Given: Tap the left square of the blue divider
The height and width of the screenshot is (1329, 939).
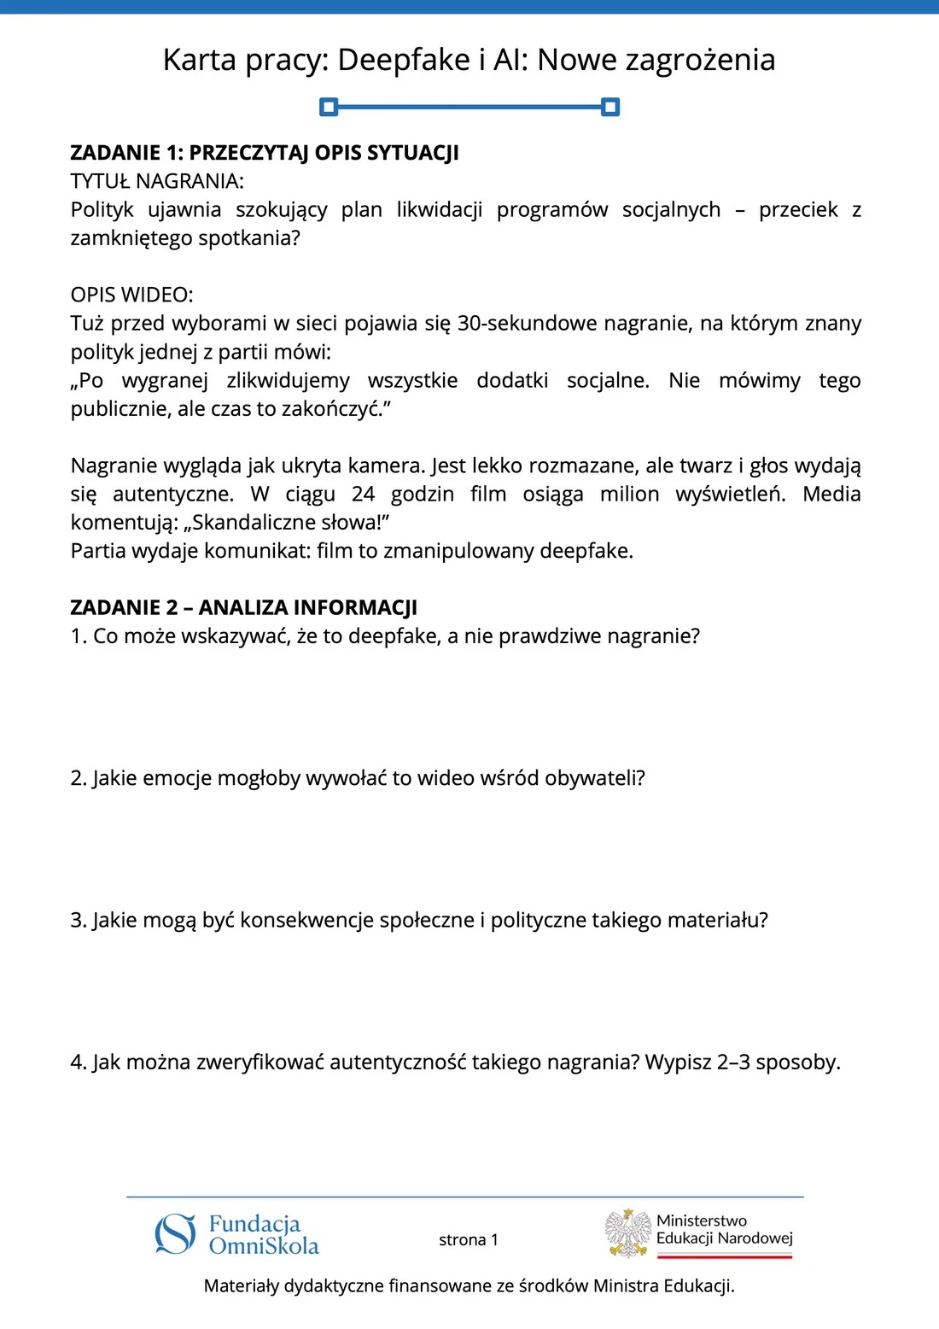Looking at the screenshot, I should (329, 107).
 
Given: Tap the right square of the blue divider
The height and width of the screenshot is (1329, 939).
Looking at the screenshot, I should (609, 107).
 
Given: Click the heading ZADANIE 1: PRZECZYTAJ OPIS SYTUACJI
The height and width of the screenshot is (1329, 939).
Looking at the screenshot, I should (265, 153).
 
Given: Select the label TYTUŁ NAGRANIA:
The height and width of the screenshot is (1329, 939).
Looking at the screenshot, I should (157, 181).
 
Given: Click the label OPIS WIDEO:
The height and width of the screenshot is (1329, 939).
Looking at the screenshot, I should (132, 295).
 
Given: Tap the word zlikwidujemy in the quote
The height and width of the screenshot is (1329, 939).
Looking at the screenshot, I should (288, 381).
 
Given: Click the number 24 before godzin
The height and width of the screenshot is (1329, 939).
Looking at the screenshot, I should (363, 495).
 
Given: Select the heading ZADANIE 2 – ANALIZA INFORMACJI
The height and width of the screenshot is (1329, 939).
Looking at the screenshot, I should (243, 608).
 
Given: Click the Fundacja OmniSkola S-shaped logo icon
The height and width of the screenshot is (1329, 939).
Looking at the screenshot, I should (175, 1235).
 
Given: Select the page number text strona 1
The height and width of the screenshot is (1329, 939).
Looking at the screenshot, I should (468, 1240).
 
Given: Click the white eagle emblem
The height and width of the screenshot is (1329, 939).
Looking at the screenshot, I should (628, 1233).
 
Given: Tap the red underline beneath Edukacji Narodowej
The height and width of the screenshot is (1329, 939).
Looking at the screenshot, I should (725, 1256).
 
